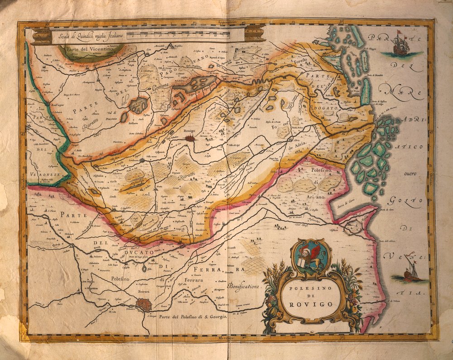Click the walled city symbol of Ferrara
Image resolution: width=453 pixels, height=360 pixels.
pos(145,305)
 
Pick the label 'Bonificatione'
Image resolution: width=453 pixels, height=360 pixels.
pos(245,287)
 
